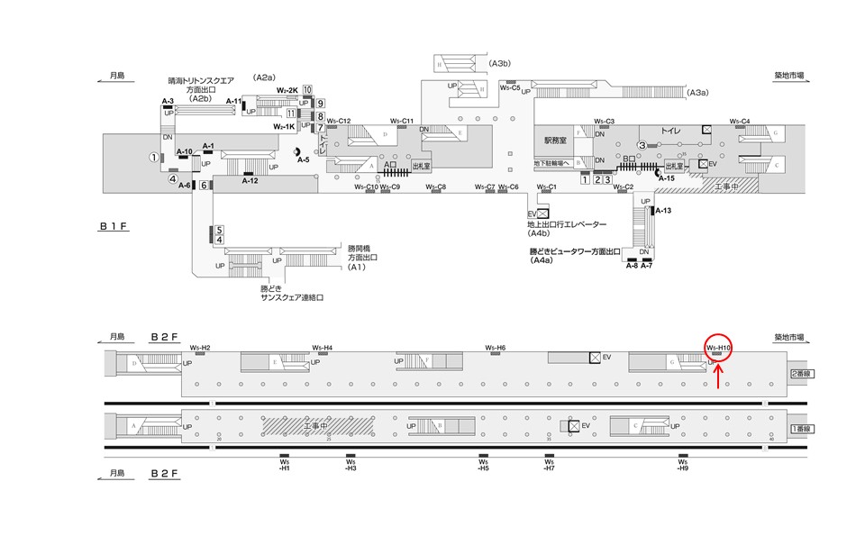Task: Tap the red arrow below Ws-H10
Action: [717, 377]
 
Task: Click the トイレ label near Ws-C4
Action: [671, 131]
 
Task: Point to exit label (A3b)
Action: [501, 63]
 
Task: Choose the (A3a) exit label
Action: [697, 92]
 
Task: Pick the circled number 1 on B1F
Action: [154, 158]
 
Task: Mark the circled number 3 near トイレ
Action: [642, 145]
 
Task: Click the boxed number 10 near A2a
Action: [307, 89]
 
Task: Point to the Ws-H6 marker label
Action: [496, 348]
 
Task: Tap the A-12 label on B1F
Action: [250, 181]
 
